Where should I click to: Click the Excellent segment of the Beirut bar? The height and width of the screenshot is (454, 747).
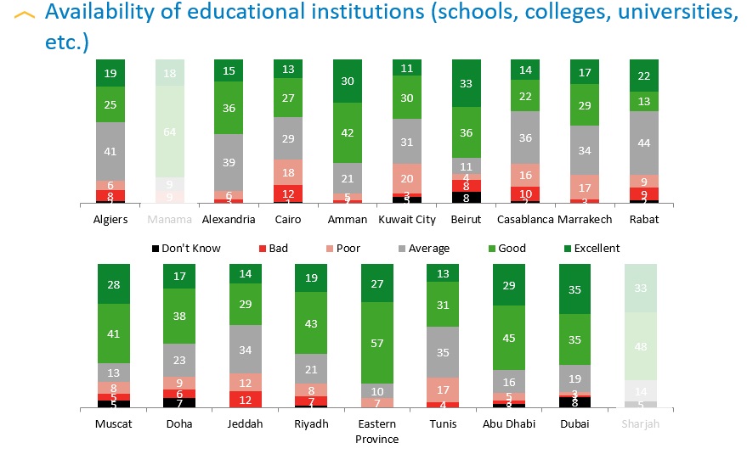(465, 83)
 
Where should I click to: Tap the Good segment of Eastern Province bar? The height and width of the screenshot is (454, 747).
(377, 343)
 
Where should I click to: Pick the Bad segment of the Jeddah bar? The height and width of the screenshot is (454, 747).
(246, 399)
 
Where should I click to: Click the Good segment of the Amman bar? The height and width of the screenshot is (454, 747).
(347, 132)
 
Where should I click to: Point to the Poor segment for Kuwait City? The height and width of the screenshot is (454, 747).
(406, 177)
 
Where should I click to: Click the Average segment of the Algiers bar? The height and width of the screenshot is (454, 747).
(110, 151)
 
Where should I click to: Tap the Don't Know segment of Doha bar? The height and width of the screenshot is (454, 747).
(179, 402)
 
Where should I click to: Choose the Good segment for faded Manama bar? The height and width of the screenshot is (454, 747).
(170, 132)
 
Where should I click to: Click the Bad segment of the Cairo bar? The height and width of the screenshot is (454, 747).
(288, 193)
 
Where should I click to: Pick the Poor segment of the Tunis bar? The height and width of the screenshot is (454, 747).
(443, 390)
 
